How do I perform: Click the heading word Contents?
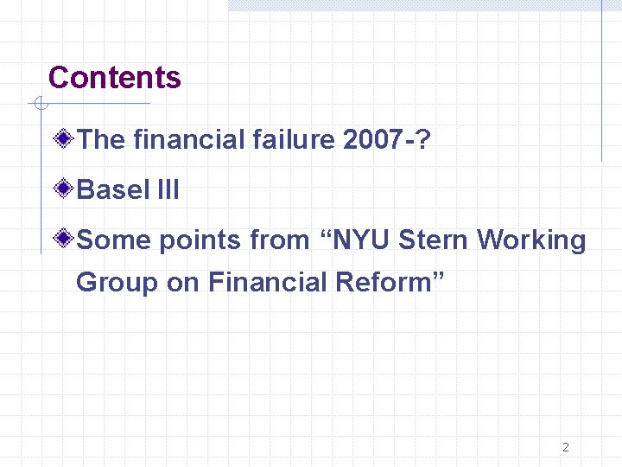(x=115, y=78)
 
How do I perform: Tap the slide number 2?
(x=566, y=447)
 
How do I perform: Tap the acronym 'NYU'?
(x=360, y=240)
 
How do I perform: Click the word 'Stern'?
(x=434, y=240)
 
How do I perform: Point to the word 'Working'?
(x=531, y=240)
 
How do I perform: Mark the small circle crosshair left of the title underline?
(x=38, y=105)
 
